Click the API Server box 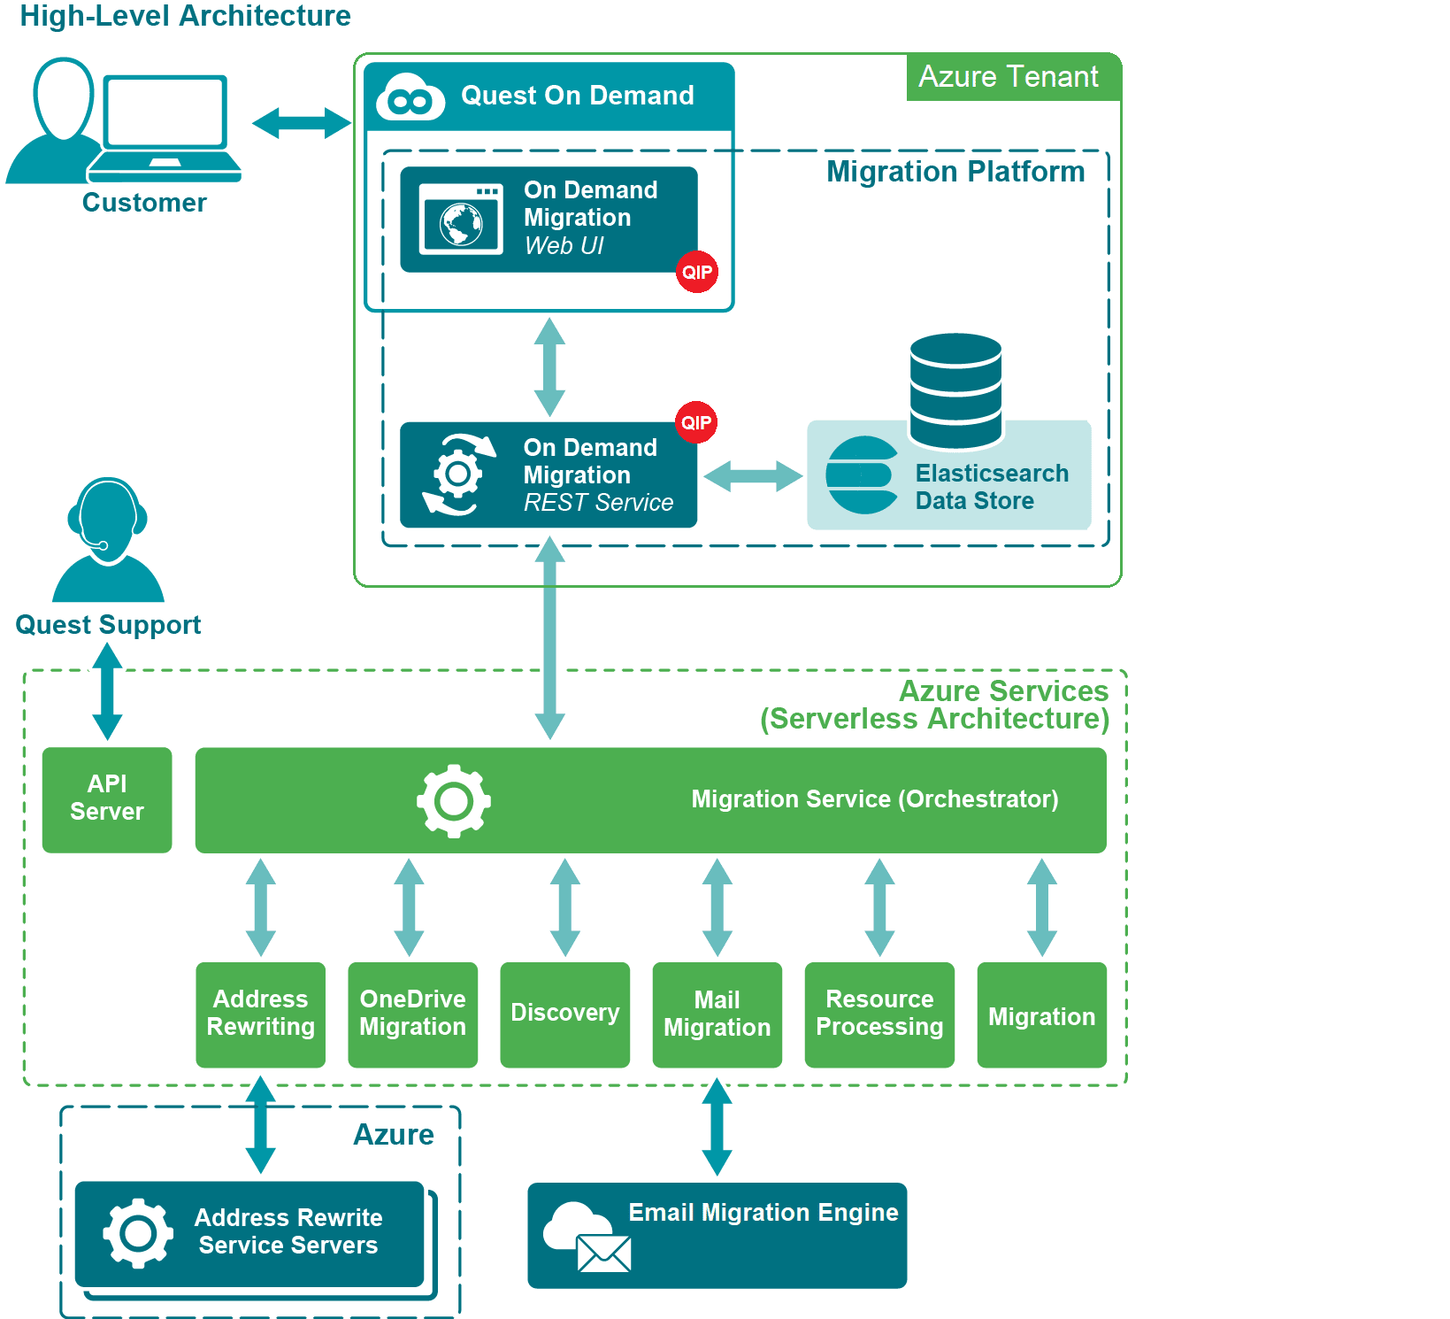pyautogui.click(x=107, y=799)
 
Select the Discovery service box pyautogui.click(x=564, y=1014)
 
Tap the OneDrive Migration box pyautogui.click(x=412, y=1014)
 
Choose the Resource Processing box pyautogui.click(x=878, y=1014)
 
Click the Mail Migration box pyautogui.click(x=717, y=1014)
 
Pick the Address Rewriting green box pyautogui.click(x=260, y=1014)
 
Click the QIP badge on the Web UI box pyautogui.click(x=696, y=272)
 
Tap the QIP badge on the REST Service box pyautogui.click(x=696, y=422)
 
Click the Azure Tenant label pyautogui.click(x=1009, y=77)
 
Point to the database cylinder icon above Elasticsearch pyautogui.click(x=955, y=390)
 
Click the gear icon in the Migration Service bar pyautogui.click(x=454, y=801)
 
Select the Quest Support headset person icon pyautogui.click(x=107, y=540)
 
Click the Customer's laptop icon pyautogui.click(x=165, y=128)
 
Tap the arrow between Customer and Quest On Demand pyautogui.click(x=301, y=123)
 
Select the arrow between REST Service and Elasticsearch pyautogui.click(x=753, y=476)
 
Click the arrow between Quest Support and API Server pyautogui.click(x=107, y=691)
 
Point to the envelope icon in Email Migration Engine pyautogui.click(x=604, y=1253)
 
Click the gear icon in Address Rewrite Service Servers pyautogui.click(x=138, y=1233)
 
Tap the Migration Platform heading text pyautogui.click(x=955, y=172)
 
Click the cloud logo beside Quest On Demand pyautogui.click(x=410, y=98)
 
